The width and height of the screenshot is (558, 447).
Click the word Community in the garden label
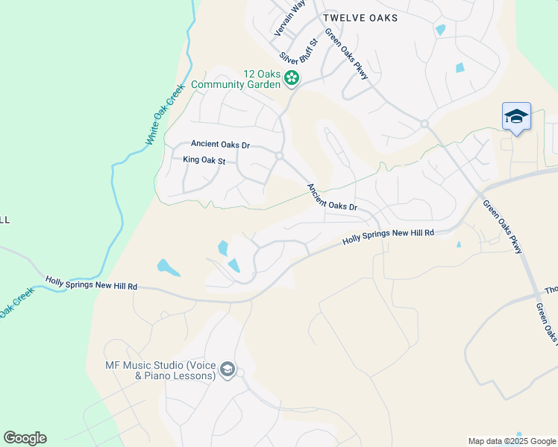coord(222,85)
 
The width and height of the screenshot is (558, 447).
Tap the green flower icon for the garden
coord(292,77)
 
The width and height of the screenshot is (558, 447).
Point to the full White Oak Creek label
coord(164,113)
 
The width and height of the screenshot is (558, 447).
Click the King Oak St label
coord(204,160)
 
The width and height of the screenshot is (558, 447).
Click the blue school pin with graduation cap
coord(516,116)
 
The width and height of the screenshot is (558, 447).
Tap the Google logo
coord(25,438)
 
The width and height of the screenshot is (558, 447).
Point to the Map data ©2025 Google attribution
coord(512,441)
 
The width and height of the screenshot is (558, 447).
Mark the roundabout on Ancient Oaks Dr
coord(279,156)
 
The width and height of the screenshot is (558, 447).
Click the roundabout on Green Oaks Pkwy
coord(424,124)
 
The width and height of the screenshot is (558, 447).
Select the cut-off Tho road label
coord(551,291)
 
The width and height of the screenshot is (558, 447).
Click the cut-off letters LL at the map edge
coord(4,220)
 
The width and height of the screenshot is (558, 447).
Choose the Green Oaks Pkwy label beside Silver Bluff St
coord(346,55)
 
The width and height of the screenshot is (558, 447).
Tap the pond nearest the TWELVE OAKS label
coord(440,31)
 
